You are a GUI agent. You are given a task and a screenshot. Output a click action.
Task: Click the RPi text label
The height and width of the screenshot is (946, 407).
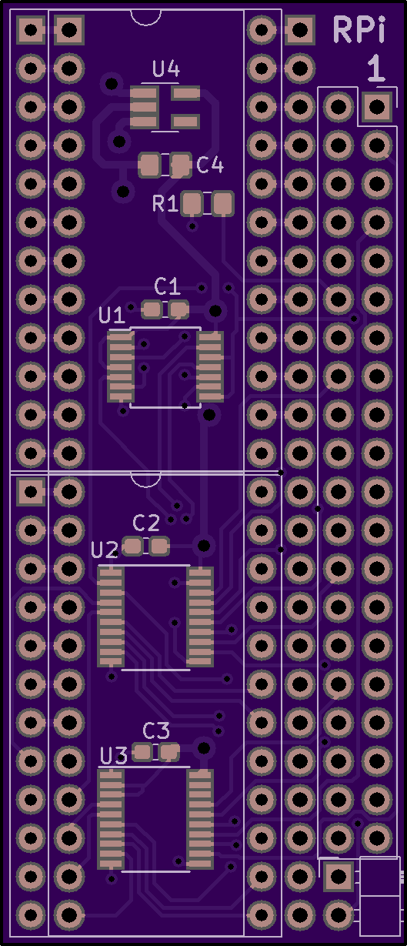(359, 29)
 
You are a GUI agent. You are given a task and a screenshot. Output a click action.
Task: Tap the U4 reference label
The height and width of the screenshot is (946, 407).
(166, 69)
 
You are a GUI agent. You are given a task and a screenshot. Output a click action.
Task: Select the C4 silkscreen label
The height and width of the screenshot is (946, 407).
(210, 165)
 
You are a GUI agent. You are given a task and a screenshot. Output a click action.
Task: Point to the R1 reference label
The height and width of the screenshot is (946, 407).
(165, 203)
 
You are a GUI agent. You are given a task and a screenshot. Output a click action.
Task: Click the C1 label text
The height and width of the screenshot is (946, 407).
(168, 286)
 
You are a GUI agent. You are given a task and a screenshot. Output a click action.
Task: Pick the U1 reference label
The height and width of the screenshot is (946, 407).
(112, 315)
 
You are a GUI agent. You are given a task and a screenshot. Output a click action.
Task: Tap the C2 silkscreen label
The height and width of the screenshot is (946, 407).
(146, 523)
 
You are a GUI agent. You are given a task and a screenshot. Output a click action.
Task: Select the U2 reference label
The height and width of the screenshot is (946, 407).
(105, 550)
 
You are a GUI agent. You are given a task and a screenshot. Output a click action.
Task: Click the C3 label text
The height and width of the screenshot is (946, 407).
(156, 730)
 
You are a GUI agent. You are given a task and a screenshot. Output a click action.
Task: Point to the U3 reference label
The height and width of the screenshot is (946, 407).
(114, 756)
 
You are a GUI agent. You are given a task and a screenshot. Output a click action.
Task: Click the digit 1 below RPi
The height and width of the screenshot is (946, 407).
(375, 68)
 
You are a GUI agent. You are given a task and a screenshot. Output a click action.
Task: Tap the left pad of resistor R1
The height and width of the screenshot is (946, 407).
(192, 203)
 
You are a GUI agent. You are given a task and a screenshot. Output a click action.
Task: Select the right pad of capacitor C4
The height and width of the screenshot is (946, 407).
(181, 165)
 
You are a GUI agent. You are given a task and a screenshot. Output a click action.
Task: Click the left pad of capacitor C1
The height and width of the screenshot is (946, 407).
(152, 309)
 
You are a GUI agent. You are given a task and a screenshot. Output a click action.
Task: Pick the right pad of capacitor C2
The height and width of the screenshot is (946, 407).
(159, 547)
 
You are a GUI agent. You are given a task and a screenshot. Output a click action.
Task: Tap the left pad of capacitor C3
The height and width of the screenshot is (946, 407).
(142, 752)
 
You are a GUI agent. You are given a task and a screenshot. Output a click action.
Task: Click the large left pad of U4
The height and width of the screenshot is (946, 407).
(144, 107)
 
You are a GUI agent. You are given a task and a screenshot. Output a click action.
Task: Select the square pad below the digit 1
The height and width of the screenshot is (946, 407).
(376, 107)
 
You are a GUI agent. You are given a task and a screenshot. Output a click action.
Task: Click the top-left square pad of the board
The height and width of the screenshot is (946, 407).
(31, 30)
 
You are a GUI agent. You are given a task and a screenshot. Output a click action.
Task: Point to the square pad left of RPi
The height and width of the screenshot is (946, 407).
(300, 30)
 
